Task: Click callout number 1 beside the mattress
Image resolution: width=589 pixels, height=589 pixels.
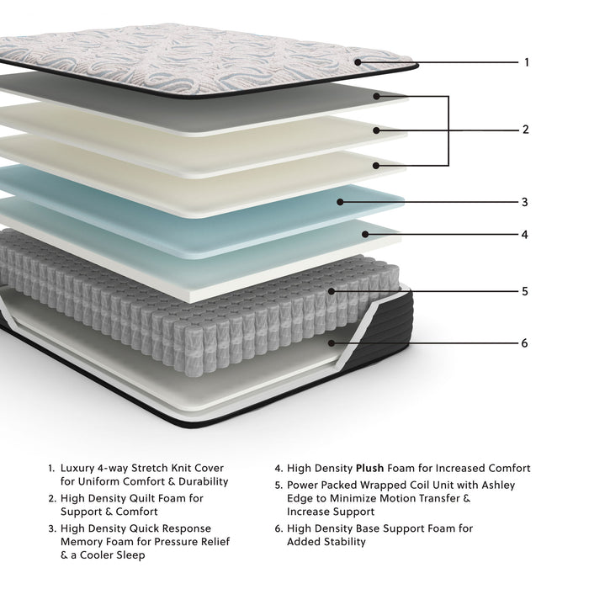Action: (x=527, y=62)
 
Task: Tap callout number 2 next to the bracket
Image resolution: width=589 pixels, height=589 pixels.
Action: (x=526, y=130)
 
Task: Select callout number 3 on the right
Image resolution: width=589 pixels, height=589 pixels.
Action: (x=525, y=202)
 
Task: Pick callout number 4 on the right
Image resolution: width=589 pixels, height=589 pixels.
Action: (x=525, y=235)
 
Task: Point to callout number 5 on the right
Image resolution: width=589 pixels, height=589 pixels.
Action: (x=525, y=291)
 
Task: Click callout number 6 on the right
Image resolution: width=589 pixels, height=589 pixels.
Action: (x=525, y=343)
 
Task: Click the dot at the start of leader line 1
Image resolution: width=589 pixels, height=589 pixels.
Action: (x=357, y=61)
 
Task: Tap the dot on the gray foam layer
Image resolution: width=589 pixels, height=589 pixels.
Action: (x=378, y=96)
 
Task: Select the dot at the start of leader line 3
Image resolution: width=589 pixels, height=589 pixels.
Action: (x=339, y=202)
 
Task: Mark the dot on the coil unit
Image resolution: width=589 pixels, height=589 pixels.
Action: (x=332, y=291)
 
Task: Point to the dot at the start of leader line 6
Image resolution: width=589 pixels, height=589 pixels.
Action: (x=332, y=343)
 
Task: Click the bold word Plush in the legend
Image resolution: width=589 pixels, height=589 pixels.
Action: (x=370, y=469)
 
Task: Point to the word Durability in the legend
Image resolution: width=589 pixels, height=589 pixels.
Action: (x=200, y=482)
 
